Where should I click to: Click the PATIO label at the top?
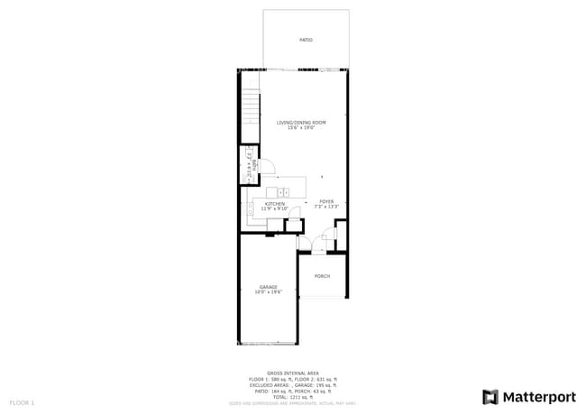(x=306, y=41)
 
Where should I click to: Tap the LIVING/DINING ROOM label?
(x=301, y=123)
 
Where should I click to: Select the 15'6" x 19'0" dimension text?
(x=301, y=128)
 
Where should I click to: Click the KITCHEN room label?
(x=275, y=204)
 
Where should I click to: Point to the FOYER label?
(x=325, y=202)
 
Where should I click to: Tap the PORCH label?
(x=322, y=276)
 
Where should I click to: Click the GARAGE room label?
(x=269, y=287)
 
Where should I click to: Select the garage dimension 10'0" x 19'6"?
(x=269, y=292)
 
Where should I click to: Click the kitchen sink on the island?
(x=282, y=193)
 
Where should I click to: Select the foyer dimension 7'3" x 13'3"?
(x=325, y=207)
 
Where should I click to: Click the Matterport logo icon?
(x=490, y=396)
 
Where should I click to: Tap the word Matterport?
(x=538, y=396)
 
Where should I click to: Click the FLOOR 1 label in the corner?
(x=22, y=401)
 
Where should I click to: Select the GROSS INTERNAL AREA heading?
(x=293, y=372)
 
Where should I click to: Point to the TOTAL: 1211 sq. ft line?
(x=293, y=396)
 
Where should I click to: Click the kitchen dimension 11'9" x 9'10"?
(x=275, y=209)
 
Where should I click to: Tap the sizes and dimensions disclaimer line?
(x=293, y=402)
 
